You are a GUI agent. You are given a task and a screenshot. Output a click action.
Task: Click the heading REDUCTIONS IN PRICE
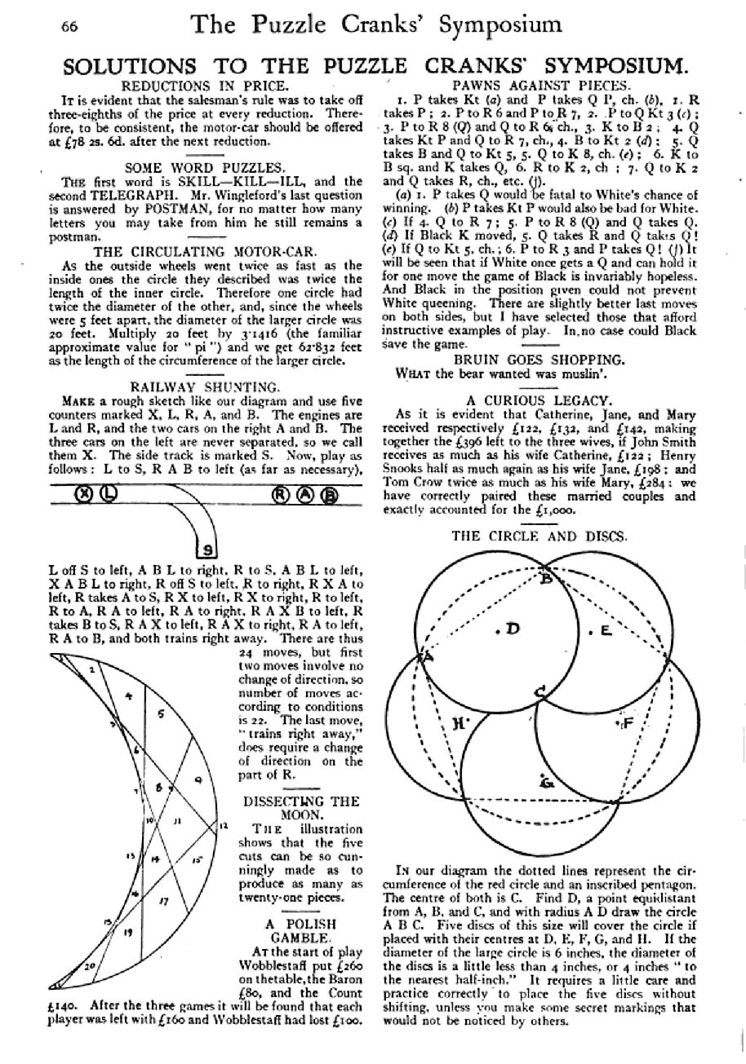204,86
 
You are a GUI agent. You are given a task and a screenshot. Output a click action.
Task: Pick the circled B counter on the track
328,494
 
